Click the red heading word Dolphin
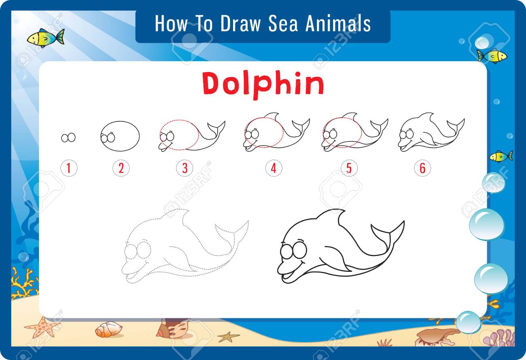click(x=263, y=84)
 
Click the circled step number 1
click(x=68, y=168)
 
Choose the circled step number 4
click(x=274, y=168)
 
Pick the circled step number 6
click(x=422, y=168)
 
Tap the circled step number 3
click(x=185, y=168)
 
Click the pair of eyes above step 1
click(x=68, y=138)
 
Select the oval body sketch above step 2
click(x=120, y=136)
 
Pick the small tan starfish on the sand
click(x=228, y=336)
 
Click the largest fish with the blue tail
click(x=46, y=38)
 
